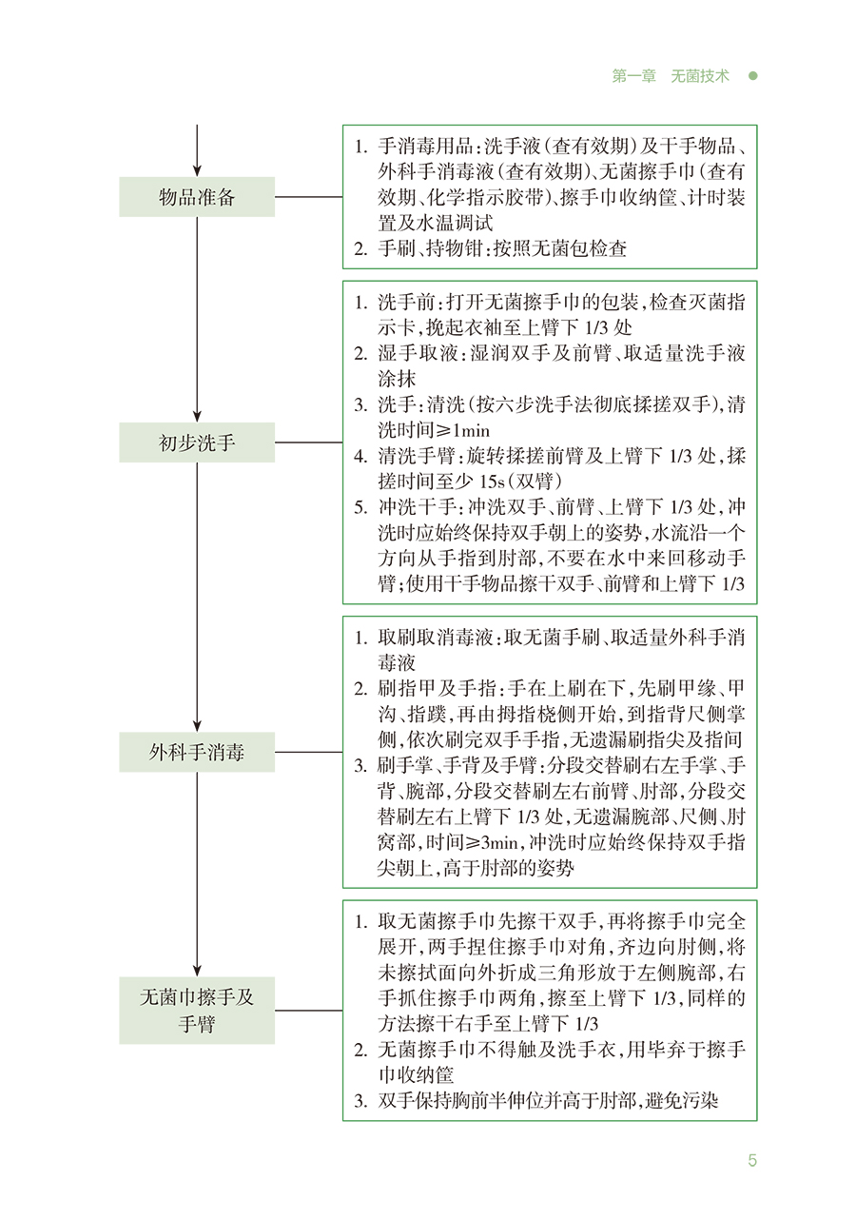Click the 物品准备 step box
pyautogui.click(x=197, y=197)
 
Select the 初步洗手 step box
pyautogui.click(x=197, y=443)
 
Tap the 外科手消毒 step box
pyautogui.click(x=197, y=752)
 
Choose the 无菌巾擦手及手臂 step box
pyautogui.click(x=197, y=1010)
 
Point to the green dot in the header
pyautogui.click(x=751, y=76)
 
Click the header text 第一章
pyautogui.click(x=633, y=76)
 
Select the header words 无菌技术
pyautogui.click(x=700, y=76)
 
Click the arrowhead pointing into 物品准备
pyautogui.click(x=197, y=169)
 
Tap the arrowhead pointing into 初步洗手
pyautogui.click(x=197, y=415)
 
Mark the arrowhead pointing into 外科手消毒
pyautogui.click(x=197, y=725)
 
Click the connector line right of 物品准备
pyautogui.click(x=308, y=197)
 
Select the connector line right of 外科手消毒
pyautogui.click(x=308, y=752)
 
